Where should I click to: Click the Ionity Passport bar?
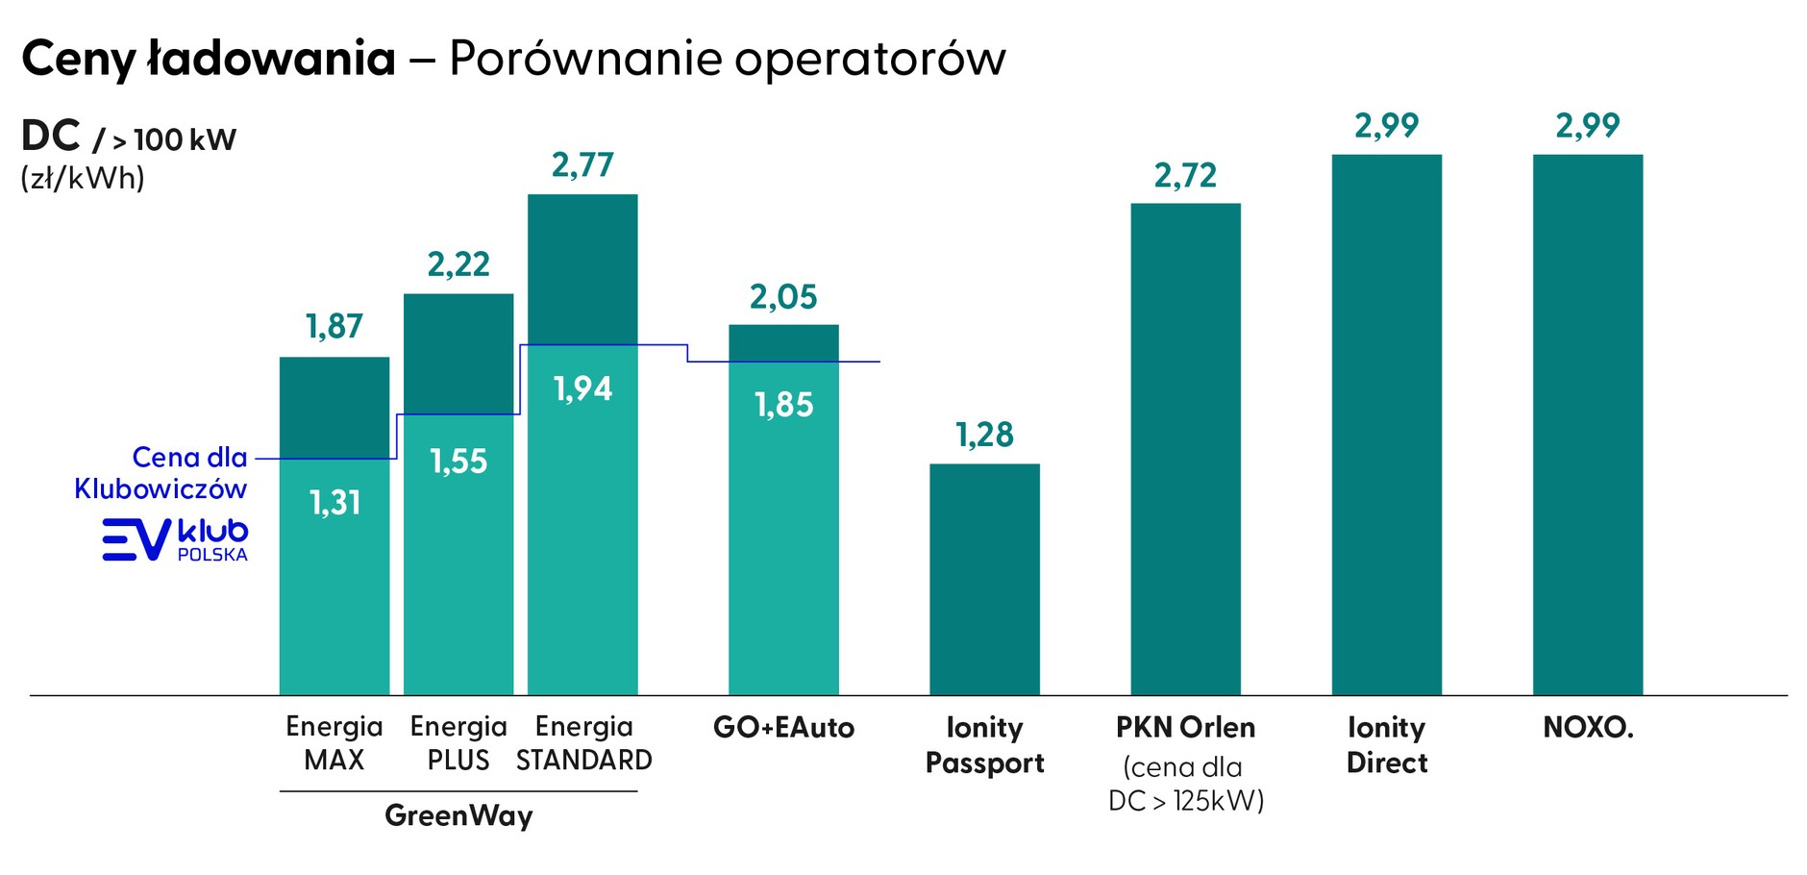point(984,579)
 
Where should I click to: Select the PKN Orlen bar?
point(1185,449)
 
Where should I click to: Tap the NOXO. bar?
point(1587,424)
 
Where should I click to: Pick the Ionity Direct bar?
point(1386,424)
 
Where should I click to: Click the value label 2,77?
point(582,165)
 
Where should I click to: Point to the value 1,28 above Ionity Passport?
point(984,435)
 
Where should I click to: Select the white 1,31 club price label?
point(334,502)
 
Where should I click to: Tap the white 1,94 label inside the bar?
point(582,388)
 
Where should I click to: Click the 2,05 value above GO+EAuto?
point(783,297)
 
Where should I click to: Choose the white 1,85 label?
point(783,405)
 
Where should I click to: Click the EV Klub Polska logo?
point(175,539)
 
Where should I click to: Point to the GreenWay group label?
point(458,815)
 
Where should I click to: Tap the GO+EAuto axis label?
point(783,727)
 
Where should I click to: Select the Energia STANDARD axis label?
point(583,743)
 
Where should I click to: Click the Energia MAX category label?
point(334,743)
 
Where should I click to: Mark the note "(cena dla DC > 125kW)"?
point(1185,784)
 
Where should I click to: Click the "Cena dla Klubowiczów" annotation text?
point(161,472)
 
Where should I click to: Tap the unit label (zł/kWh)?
point(83,178)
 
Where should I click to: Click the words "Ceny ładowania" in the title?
point(209,59)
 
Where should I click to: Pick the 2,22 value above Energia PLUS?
point(458,264)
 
